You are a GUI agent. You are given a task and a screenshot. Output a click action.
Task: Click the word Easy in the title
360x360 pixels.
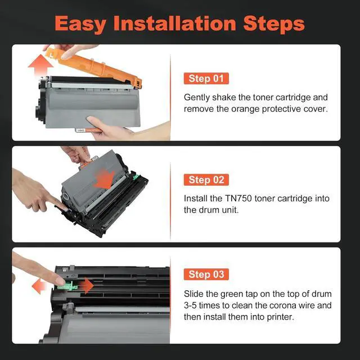click(x=80, y=24)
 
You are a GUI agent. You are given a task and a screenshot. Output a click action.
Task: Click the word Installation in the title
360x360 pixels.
click(x=175, y=23)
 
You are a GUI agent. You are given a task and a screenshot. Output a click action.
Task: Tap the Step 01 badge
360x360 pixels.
click(x=206, y=79)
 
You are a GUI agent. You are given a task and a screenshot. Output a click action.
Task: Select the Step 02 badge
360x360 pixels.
click(x=206, y=180)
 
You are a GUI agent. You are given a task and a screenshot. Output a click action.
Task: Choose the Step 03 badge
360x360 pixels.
click(x=206, y=274)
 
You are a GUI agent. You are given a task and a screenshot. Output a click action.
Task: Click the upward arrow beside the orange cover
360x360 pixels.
click(x=40, y=65)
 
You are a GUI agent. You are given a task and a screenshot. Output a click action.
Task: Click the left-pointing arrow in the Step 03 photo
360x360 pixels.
click(x=39, y=286)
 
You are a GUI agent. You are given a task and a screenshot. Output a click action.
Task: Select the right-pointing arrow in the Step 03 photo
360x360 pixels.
click(x=86, y=286)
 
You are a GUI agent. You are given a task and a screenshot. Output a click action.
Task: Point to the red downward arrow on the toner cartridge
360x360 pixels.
click(x=105, y=179)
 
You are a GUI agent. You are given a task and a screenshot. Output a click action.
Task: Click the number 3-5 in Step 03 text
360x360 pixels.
click(x=190, y=305)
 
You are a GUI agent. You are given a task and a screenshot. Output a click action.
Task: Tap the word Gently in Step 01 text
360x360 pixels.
click(x=197, y=97)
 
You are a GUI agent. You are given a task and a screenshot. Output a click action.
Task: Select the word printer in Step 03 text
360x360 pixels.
click(x=280, y=317)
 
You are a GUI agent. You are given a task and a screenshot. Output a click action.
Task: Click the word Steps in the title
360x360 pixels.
click(x=274, y=24)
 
